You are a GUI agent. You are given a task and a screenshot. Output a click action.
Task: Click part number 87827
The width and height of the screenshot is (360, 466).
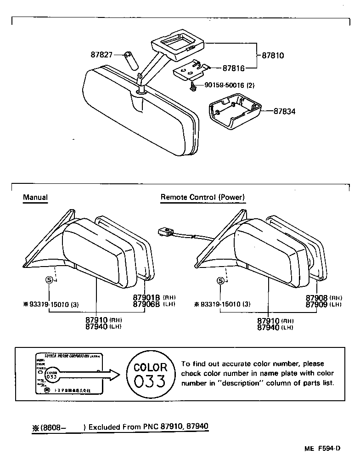point(101,55)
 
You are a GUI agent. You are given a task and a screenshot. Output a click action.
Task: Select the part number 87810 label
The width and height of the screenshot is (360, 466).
point(273,56)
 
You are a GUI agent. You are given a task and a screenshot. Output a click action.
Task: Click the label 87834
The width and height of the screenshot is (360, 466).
point(285,111)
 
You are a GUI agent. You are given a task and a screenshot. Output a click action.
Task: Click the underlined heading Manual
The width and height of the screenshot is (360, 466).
point(35,198)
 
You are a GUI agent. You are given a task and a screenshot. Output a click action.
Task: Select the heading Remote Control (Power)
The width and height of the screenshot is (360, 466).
point(202,198)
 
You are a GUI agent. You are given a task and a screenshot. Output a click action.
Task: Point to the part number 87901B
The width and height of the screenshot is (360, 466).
point(146,298)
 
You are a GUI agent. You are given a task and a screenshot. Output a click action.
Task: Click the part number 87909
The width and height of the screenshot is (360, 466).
point(317,304)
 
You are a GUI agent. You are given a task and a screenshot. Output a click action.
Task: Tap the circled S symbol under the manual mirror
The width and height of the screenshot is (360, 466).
point(49,280)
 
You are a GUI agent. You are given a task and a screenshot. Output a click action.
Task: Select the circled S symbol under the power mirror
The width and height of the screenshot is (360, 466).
point(221,280)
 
